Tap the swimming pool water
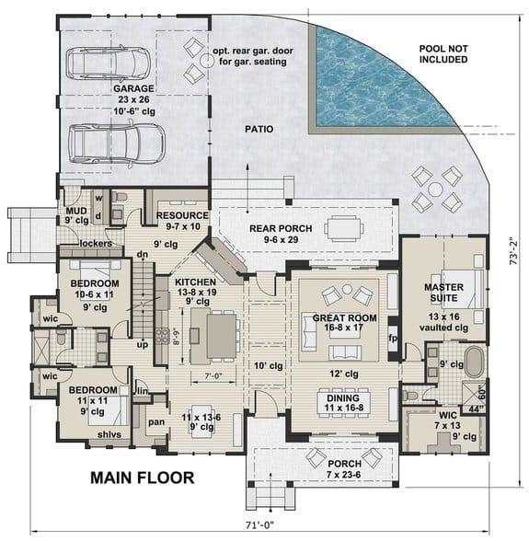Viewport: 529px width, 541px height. (386, 74)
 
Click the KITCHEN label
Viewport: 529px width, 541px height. (195, 282)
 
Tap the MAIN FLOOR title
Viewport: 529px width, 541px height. (142, 478)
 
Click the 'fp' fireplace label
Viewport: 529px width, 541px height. (392, 337)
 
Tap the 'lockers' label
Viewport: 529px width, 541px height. (96, 244)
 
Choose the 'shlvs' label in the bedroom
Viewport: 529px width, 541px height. (97, 447)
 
